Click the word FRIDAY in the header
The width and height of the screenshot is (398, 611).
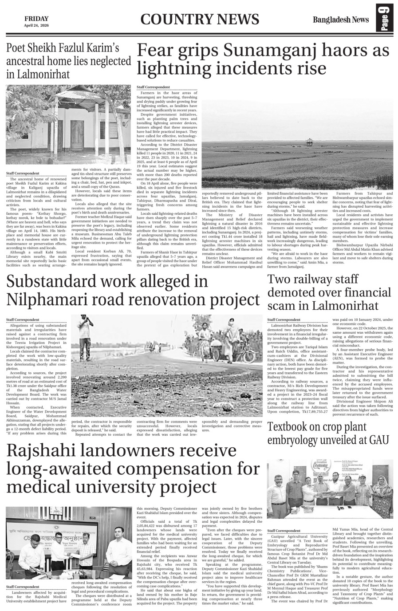[36, 18]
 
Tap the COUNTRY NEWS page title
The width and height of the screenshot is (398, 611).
[200, 20]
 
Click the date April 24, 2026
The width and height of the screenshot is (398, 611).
[36, 25]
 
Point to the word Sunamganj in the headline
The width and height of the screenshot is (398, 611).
[271, 51]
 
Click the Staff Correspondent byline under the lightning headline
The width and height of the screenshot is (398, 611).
[153, 87]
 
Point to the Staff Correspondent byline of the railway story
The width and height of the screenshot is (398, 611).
[284, 319]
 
